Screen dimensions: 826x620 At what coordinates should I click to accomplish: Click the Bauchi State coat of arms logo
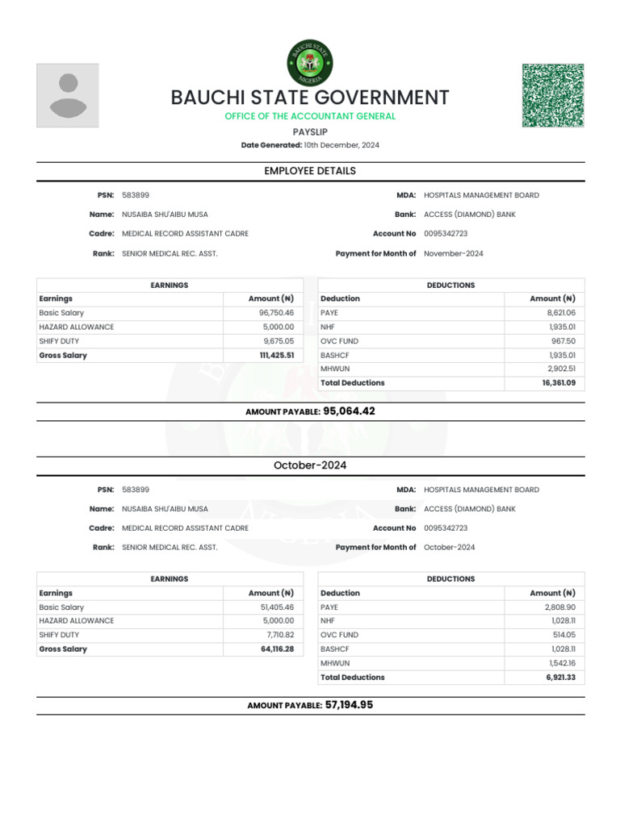309,63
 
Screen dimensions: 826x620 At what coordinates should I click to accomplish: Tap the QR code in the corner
553,95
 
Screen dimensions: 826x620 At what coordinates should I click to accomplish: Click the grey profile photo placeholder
68,95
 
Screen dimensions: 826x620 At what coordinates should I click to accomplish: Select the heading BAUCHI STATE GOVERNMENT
309,98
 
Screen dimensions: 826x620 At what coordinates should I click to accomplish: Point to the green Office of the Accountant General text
310,117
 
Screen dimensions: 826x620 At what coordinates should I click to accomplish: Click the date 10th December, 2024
341,145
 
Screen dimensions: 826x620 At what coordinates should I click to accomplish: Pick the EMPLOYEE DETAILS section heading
310,171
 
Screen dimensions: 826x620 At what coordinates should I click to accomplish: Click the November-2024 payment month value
453,253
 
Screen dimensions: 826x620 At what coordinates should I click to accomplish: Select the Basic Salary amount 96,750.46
276,313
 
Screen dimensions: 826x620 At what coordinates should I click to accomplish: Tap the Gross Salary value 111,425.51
276,355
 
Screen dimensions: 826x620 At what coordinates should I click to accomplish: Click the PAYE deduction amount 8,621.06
560,313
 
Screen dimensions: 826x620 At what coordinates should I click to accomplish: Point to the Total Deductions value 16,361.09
559,383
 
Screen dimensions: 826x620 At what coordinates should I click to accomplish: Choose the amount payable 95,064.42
349,411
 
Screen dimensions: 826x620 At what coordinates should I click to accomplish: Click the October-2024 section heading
310,465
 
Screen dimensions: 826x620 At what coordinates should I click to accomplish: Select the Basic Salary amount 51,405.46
276,607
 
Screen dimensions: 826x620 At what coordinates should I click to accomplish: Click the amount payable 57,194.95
349,705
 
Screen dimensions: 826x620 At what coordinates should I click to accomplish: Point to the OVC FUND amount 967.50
563,341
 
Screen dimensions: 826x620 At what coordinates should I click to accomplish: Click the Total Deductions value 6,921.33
560,678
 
